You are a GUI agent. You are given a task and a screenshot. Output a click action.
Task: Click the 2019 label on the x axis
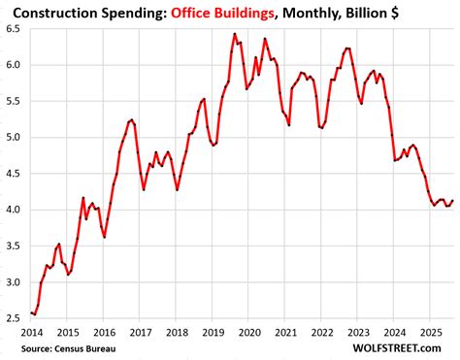click(212, 330)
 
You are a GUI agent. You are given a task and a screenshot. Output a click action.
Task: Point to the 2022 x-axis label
click(320, 330)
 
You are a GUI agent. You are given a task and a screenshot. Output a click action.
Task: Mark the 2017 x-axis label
click(140, 330)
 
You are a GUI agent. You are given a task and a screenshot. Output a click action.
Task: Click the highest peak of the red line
click(235, 34)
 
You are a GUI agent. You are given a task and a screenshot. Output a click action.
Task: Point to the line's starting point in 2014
click(31, 311)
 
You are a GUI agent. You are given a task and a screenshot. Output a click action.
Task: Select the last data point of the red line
click(452, 200)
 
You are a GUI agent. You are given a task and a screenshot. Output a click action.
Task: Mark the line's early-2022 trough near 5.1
click(321, 127)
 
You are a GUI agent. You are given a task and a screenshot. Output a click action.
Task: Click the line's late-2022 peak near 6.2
click(346, 48)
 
